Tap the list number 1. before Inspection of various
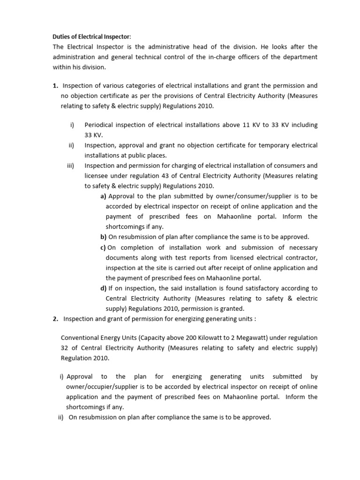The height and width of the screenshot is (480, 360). tap(55, 86)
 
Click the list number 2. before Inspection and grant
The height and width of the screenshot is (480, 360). tap(55, 319)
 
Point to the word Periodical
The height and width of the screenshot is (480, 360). tap(100, 125)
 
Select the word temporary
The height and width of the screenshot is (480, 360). tap(270, 145)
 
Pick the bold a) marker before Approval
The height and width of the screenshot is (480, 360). tap(103, 196)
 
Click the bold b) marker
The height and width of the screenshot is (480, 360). tap(103, 237)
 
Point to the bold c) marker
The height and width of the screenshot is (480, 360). tap(103, 247)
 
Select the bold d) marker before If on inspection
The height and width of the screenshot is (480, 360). tap(103, 288)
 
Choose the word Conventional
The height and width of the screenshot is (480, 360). tap(80, 337)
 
